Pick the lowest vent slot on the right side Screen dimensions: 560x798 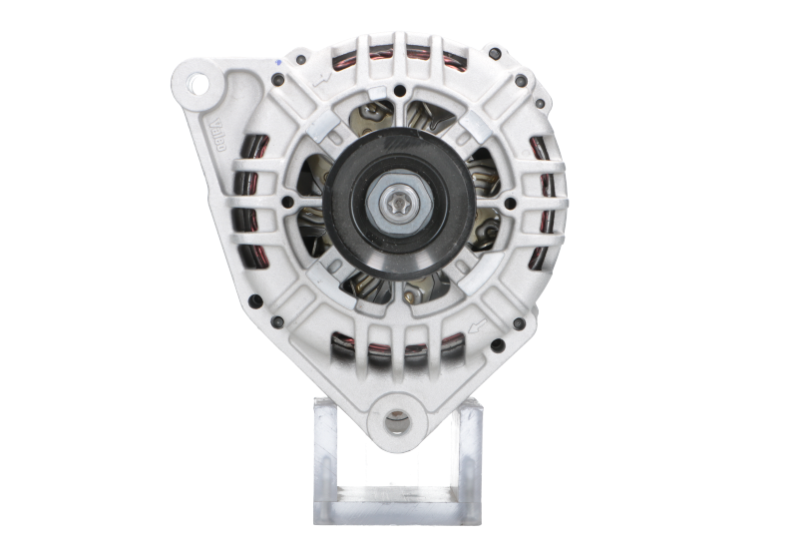(x=544, y=264)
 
